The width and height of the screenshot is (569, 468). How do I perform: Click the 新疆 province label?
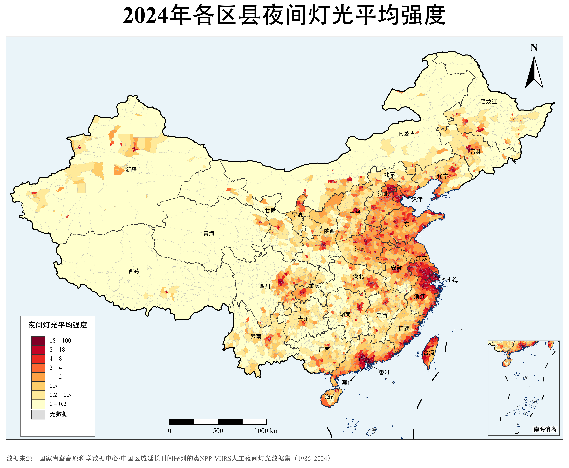coord(131,170)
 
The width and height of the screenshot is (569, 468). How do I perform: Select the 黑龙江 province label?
coord(489,102)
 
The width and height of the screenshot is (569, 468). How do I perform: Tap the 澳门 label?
coord(347,383)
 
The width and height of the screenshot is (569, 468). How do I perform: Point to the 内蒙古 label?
coord(407,133)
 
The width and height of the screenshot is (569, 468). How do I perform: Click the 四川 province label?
coord(265,286)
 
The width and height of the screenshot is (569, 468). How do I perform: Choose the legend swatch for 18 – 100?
coord(38,341)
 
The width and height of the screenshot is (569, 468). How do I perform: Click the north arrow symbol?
coord(534,73)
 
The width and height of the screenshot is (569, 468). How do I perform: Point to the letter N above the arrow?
coord(534,48)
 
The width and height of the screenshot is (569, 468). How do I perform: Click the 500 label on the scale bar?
coord(218,431)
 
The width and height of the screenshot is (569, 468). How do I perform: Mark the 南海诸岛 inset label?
coord(545,429)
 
